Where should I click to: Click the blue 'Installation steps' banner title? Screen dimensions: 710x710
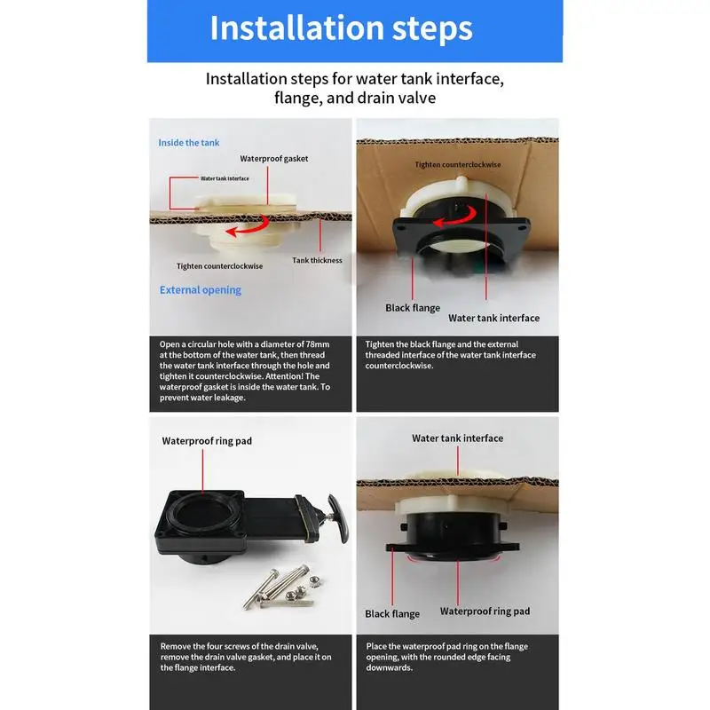pyautogui.click(x=341, y=28)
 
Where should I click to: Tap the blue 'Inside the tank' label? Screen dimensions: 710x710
pyautogui.click(x=189, y=143)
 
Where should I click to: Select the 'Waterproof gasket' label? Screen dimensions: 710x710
pyautogui.click(x=274, y=159)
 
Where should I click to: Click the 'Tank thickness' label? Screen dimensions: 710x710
pyautogui.click(x=317, y=260)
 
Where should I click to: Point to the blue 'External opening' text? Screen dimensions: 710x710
pyautogui.click(x=201, y=290)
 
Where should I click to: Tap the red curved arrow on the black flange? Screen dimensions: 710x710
pyautogui.click(x=454, y=217)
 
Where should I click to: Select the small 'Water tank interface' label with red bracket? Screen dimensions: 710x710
pyautogui.click(x=225, y=178)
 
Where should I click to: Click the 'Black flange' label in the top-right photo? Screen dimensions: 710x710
pyautogui.click(x=413, y=308)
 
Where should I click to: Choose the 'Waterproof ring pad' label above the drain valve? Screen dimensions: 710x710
pyautogui.click(x=207, y=441)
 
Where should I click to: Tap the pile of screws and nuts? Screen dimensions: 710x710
pyautogui.click(x=280, y=587)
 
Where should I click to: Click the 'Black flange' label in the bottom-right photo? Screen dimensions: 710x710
pyautogui.click(x=392, y=614)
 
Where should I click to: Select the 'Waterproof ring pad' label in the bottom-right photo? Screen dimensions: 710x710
pyautogui.click(x=485, y=611)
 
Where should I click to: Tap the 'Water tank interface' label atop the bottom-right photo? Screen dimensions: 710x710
pyautogui.click(x=457, y=438)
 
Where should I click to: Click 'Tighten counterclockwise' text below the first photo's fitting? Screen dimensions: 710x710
pyautogui.click(x=219, y=266)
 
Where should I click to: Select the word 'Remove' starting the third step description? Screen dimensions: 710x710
pyautogui.click(x=175, y=647)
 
